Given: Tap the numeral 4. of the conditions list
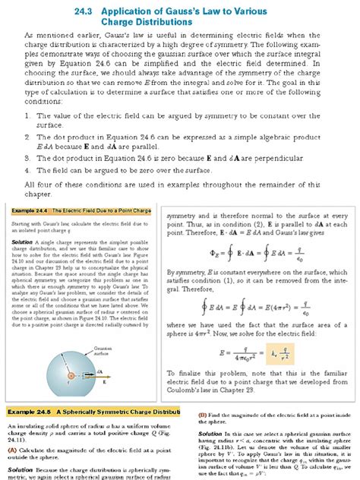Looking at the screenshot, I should click(x=28, y=171).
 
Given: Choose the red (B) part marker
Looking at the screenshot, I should click(x=202, y=414).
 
